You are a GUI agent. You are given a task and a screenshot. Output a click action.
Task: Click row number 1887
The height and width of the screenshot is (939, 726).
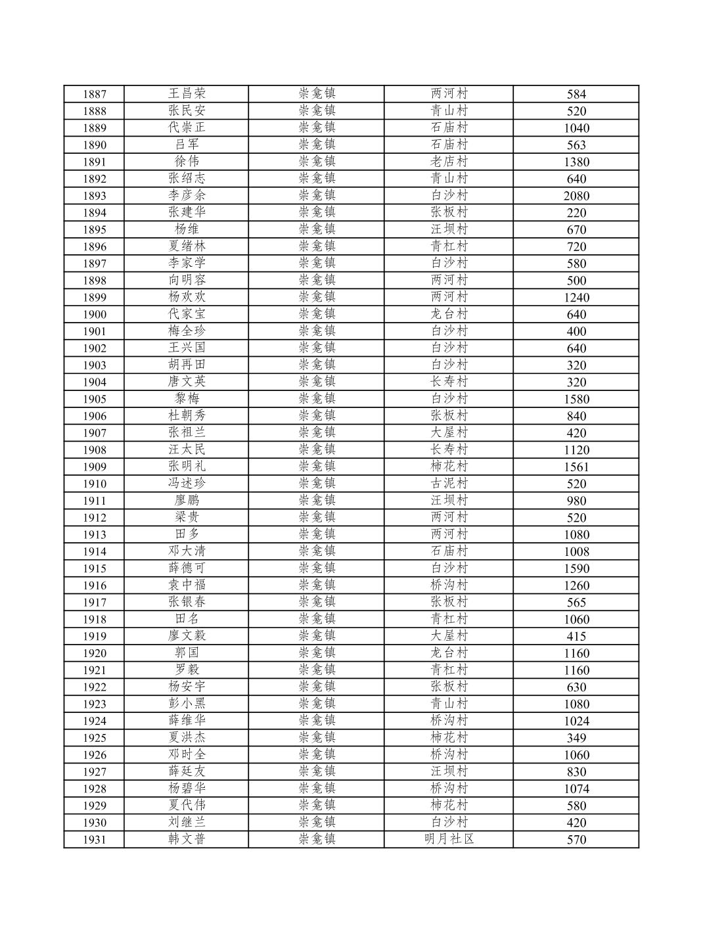coord(94,94)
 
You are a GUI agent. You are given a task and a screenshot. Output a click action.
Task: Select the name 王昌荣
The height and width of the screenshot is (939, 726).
coord(187,93)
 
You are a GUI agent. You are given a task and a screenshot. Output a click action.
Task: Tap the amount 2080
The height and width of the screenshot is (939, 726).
coord(576,196)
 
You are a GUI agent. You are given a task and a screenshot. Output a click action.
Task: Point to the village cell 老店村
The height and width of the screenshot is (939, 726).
coord(449,162)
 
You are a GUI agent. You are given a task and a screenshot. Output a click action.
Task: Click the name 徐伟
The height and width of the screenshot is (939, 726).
coord(187,162)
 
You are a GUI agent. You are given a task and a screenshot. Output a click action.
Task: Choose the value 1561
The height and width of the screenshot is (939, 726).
coord(576,467)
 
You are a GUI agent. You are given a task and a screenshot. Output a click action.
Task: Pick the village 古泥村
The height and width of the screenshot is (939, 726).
coord(449,484)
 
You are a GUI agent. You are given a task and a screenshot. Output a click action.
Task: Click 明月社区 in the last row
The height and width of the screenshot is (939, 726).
coord(449,839)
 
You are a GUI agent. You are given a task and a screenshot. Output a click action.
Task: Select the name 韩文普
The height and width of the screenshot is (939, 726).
coord(187,839)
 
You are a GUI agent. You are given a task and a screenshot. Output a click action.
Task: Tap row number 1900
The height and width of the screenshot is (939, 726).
coord(94,315)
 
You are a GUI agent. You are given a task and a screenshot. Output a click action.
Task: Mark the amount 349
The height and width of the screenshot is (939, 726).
coord(576,738)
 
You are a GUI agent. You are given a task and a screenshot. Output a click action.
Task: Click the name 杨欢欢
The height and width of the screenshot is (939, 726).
coord(187,297)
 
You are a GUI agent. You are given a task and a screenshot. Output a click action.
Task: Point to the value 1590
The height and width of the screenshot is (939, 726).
coord(576,568)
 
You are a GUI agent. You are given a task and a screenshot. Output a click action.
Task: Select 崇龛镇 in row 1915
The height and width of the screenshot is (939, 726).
coord(317,568)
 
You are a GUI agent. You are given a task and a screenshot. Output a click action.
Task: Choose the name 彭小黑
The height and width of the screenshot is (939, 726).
coord(187,704)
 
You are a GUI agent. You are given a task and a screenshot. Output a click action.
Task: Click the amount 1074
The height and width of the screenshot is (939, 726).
coord(576,789)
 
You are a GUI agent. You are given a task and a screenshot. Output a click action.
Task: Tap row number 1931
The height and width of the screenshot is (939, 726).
coord(94,840)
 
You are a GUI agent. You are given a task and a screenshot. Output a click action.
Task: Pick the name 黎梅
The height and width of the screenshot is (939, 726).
coord(187,399)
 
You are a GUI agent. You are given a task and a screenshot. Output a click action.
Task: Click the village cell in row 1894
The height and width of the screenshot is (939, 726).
coord(449,212)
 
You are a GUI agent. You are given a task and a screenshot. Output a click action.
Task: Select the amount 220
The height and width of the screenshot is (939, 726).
coord(576,213)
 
